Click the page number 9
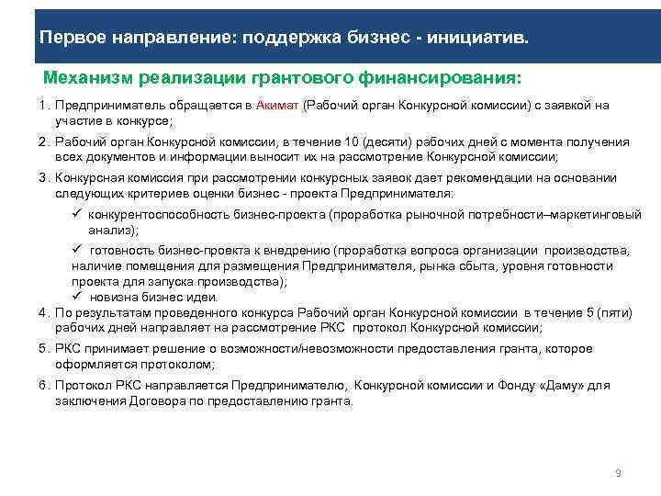(618, 472)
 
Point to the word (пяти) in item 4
(613, 312)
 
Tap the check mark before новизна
(78, 296)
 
